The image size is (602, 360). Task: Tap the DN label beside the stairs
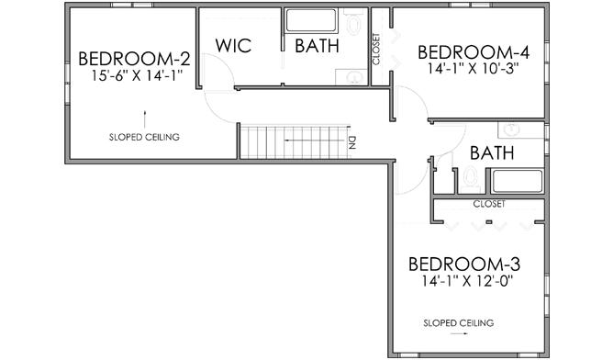(351, 142)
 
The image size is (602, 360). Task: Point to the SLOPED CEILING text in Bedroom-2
(143, 138)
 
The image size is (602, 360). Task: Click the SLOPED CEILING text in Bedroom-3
(458, 322)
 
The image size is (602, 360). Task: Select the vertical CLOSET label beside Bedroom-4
(376, 50)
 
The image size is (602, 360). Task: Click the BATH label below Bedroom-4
(492, 153)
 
